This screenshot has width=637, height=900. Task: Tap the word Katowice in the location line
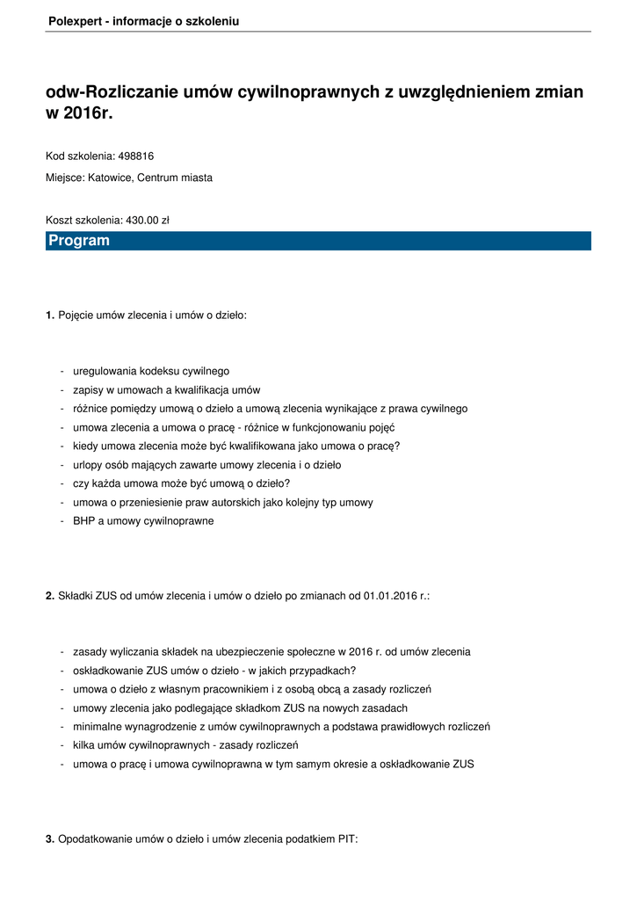pos(110,178)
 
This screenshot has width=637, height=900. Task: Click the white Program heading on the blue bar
pos(79,241)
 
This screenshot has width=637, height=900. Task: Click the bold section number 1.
pos(50,315)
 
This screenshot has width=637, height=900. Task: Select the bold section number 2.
pos(50,596)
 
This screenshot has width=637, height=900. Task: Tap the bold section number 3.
pos(50,839)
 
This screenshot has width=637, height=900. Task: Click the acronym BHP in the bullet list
pos(84,521)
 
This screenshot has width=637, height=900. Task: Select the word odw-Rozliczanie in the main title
pos(117,92)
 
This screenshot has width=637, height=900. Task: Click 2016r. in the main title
pos(90,114)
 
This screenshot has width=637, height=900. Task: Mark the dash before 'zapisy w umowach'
pos(62,390)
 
